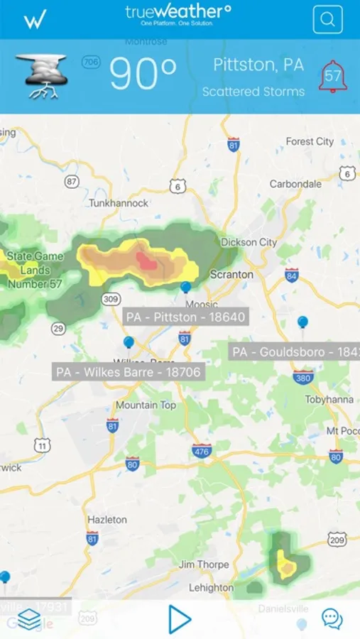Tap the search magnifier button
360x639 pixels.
(327, 20)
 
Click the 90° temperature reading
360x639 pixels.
(143, 74)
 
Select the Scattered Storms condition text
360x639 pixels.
(253, 92)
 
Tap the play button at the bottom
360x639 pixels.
(180, 618)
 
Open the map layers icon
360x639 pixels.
(29, 619)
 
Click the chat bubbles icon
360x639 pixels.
(332, 618)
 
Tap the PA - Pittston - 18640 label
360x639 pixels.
(185, 317)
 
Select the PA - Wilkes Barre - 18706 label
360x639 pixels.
(129, 371)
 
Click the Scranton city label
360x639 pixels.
(231, 274)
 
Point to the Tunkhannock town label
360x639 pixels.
(119, 203)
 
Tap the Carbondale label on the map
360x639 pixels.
(295, 184)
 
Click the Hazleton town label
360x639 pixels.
(107, 519)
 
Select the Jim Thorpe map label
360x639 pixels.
(204, 564)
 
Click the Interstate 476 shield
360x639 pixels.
(202, 451)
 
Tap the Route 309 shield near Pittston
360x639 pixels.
(110, 300)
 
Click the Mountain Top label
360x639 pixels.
(146, 405)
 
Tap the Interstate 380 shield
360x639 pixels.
(303, 378)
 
